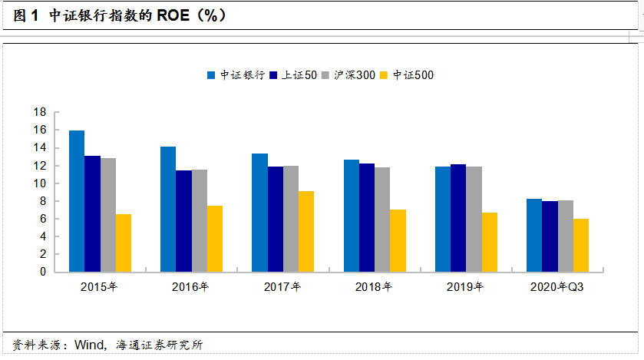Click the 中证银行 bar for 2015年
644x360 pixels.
[x=77, y=201]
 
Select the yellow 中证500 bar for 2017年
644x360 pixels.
[x=306, y=232]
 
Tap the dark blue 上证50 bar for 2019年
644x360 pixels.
[x=458, y=218]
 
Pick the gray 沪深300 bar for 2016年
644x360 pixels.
[x=200, y=221]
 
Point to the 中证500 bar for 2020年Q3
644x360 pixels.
[x=581, y=246]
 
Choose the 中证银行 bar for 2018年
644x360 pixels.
[x=352, y=216]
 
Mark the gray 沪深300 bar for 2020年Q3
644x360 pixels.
[x=566, y=236]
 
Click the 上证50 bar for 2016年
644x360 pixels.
[x=184, y=221]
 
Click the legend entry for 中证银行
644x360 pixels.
[x=236, y=75]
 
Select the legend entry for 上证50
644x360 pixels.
[x=293, y=75]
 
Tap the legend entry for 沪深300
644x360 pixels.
[x=348, y=75]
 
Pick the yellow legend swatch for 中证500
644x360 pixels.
[x=384, y=75]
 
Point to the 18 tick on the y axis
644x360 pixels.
[x=40, y=112]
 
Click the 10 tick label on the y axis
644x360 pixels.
[x=40, y=183]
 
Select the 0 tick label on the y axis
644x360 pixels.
[x=43, y=272]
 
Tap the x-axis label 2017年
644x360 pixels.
[x=282, y=287]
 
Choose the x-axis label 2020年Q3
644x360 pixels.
[x=556, y=287]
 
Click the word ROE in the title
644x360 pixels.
[x=173, y=15]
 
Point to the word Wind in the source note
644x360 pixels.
[x=90, y=345]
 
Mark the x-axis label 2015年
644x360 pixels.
[x=99, y=287]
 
